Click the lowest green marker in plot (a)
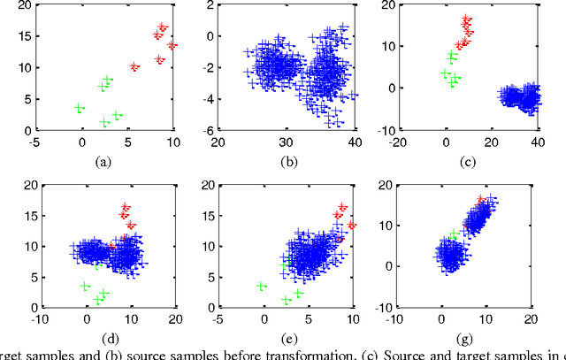(x=104, y=122)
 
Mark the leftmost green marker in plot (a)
(x=80, y=108)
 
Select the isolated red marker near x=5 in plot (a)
(x=134, y=66)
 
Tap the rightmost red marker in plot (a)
(x=172, y=44)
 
